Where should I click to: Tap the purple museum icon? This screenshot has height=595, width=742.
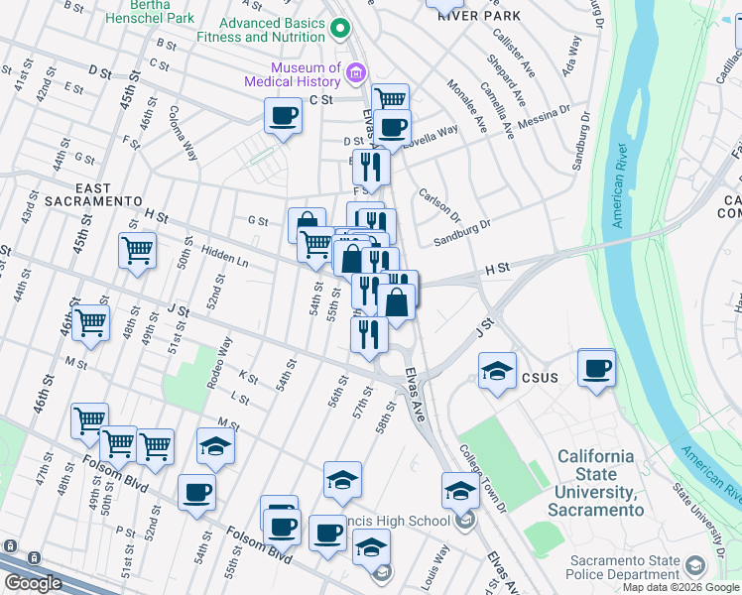pyautogui.click(x=355, y=70)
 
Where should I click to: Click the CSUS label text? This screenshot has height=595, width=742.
pyautogui.click(x=541, y=378)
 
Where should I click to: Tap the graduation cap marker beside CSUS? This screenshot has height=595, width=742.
pyautogui.click(x=497, y=372)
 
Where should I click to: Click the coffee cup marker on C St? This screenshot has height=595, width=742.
pyautogui.click(x=283, y=117)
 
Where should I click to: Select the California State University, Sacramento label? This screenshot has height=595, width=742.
pyautogui.click(x=594, y=483)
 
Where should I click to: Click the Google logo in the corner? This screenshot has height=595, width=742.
pyautogui.click(x=32, y=583)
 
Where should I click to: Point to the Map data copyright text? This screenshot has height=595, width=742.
pyautogui.click(x=680, y=587)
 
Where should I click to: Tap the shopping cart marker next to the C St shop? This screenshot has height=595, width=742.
pyautogui.click(x=390, y=99)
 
